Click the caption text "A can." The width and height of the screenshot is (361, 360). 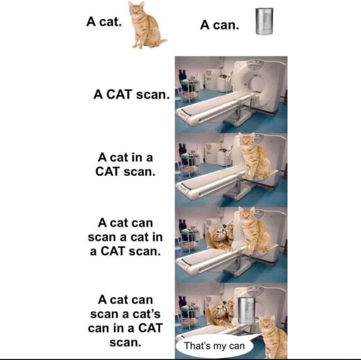point(219,25)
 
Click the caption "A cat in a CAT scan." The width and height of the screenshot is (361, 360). point(125,163)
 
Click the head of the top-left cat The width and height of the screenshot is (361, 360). point(136,10)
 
